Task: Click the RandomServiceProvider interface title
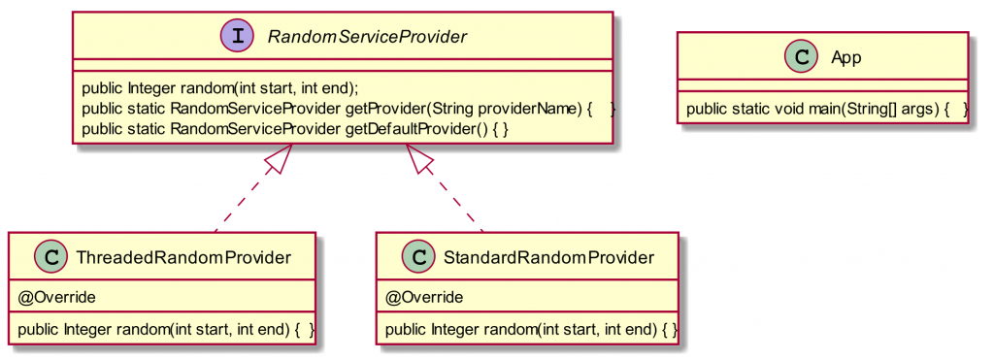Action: tap(367, 37)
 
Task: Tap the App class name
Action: tap(846, 57)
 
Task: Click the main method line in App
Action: tap(827, 108)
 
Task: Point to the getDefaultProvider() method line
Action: tap(296, 128)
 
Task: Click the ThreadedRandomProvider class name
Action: tap(182, 257)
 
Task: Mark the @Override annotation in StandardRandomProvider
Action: tap(424, 296)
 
